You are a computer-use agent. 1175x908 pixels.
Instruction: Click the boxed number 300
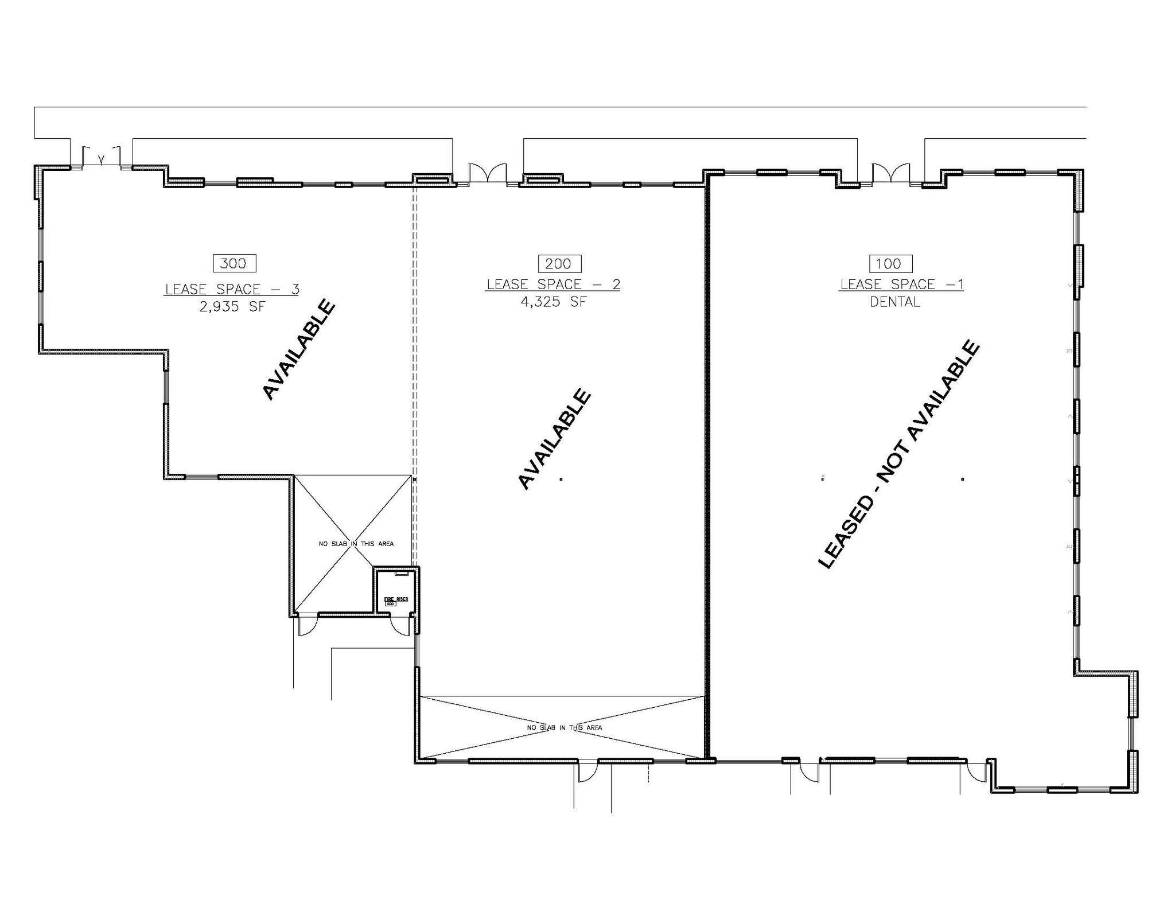pos(234,263)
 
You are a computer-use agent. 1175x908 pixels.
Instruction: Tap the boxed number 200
pos(559,264)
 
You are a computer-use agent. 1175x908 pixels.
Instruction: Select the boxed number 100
pos(890,264)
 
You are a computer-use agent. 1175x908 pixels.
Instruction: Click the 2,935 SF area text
pos(232,307)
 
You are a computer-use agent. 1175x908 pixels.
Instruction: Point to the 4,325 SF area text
pos(554,302)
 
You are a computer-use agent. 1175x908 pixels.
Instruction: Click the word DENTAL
pos(895,302)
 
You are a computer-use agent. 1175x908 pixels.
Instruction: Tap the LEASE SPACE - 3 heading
pos(232,290)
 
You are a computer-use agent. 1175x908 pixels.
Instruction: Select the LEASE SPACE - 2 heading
pos(554,285)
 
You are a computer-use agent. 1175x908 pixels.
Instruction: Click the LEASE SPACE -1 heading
pos(901,285)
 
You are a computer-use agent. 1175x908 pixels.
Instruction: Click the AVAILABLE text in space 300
pos(299,349)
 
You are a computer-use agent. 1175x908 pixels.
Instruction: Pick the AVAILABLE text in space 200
pos(554,439)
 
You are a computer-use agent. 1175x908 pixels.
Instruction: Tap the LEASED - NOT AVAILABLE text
pos(898,455)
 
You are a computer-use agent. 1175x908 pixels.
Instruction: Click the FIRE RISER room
pos(396,593)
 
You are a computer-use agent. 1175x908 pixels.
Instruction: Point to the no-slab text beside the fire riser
pos(356,544)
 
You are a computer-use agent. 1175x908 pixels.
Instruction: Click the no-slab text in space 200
pos(565,728)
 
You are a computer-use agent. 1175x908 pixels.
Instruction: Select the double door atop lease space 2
pos(488,174)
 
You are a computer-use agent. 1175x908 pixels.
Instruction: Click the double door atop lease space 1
pos(890,174)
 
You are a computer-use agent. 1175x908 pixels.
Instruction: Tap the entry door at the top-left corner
pos(101,158)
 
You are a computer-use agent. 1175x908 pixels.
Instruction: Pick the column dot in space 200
pos(561,479)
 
